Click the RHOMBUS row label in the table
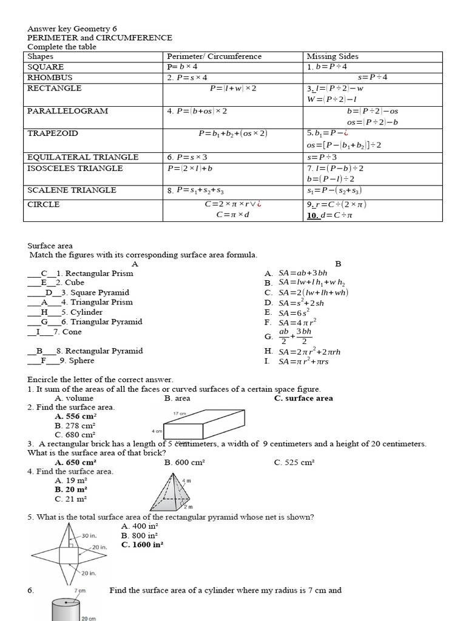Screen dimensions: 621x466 (x=50, y=78)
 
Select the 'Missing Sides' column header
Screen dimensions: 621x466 (x=333, y=56)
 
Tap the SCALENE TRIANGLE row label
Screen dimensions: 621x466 (x=72, y=190)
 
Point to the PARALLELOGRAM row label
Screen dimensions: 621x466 (x=68, y=111)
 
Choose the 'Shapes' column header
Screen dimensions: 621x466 (x=41, y=56)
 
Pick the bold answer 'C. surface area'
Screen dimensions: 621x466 (x=303, y=398)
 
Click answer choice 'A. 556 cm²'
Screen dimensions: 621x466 (x=76, y=417)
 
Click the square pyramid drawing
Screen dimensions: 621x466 (x=172, y=492)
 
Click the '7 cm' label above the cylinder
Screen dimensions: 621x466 (x=80, y=590)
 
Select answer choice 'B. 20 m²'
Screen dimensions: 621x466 (x=71, y=489)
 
